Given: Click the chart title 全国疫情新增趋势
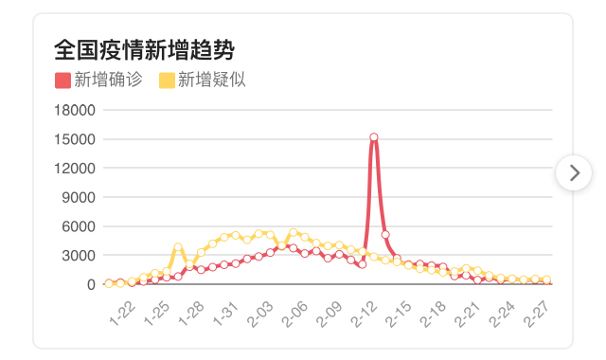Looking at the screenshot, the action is [x=144, y=50].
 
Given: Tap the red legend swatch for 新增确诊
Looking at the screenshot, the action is [x=62, y=81].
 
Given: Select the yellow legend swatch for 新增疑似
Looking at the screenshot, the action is [x=167, y=81].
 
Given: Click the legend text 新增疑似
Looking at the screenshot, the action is [x=212, y=80].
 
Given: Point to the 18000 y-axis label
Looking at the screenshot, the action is [x=75, y=110].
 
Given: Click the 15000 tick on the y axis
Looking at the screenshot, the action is [x=75, y=139].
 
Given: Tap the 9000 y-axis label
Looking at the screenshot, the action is [x=79, y=197].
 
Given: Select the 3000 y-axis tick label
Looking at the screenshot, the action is [x=79, y=255].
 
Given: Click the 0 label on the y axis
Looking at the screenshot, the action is [x=91, y=284].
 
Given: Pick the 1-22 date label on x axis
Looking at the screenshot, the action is [x=122, y=314].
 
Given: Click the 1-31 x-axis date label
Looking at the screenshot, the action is [x=226, y=314].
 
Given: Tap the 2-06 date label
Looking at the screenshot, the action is [x=294, y=314].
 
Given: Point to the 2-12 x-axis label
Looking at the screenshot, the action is [x=364, y=314].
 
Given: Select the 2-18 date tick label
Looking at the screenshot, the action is [x=433, y=314].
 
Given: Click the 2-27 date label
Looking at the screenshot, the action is [x=537, y=314].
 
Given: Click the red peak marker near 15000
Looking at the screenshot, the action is [x=374, y=137].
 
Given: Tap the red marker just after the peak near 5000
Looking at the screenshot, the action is [x=385, y=235].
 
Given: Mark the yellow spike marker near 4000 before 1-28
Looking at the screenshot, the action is [x=178, y=246].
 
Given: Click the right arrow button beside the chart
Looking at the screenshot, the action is [x=574, y=172].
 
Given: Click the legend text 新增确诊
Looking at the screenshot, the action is [x=108, y=80].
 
